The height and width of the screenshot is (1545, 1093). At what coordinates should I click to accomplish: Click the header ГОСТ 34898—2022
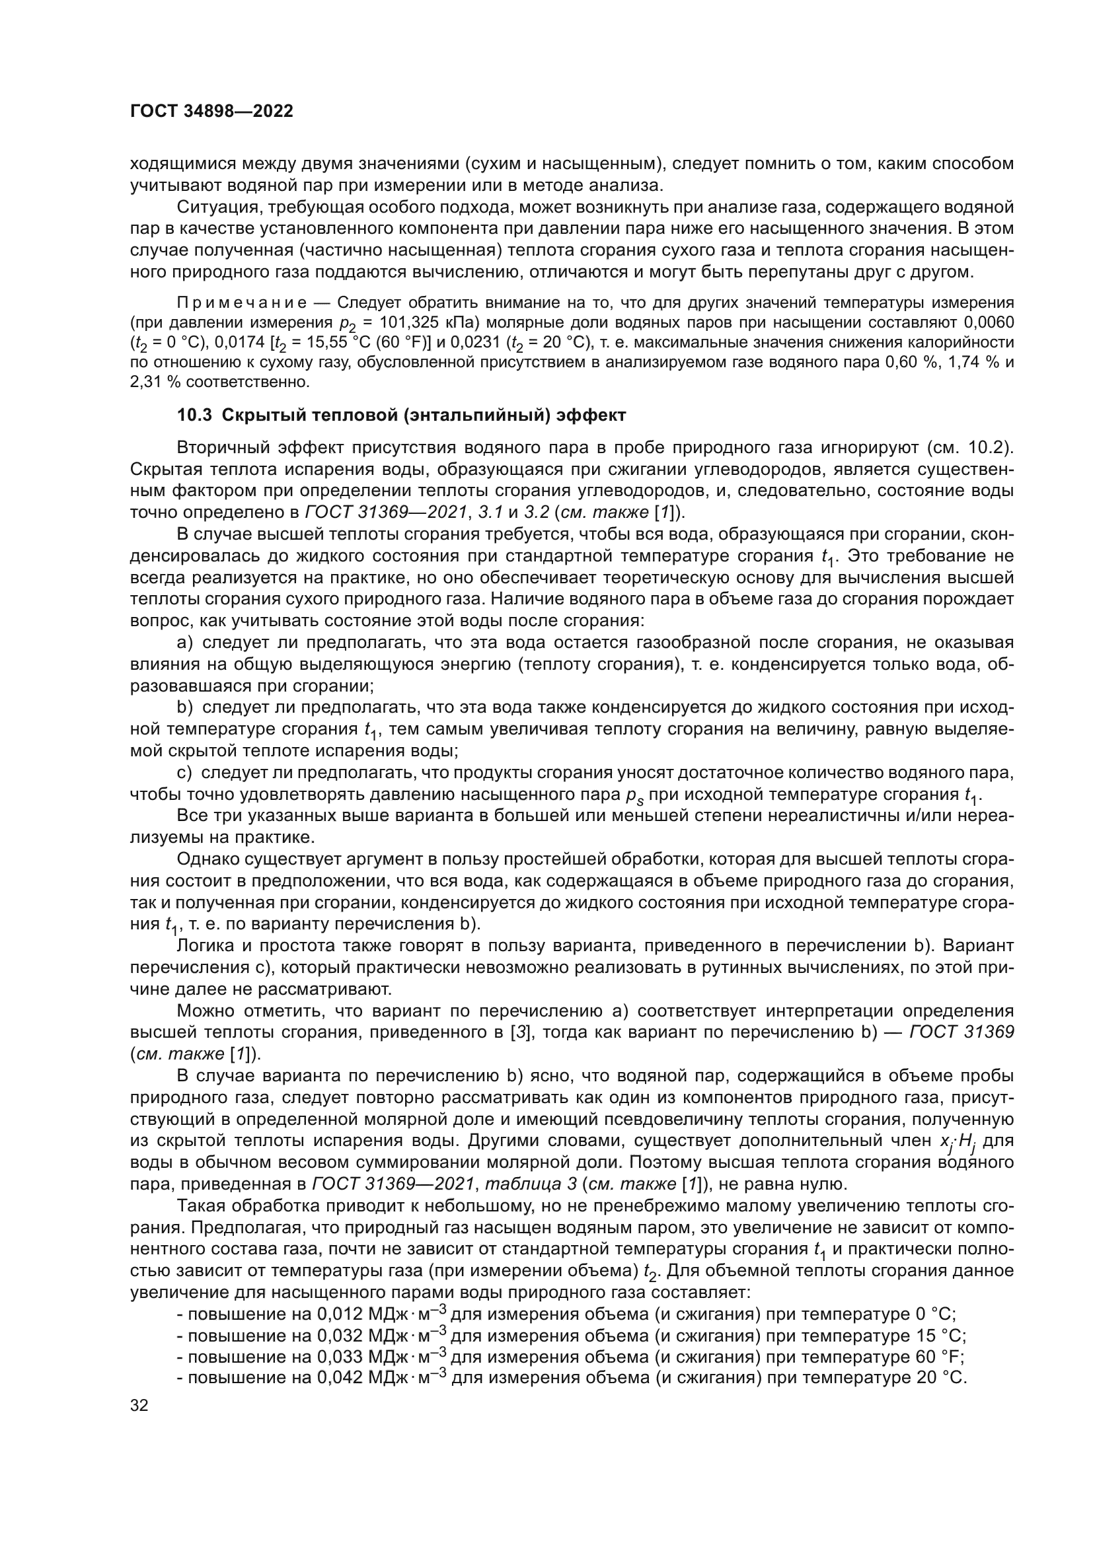point(211,112)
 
